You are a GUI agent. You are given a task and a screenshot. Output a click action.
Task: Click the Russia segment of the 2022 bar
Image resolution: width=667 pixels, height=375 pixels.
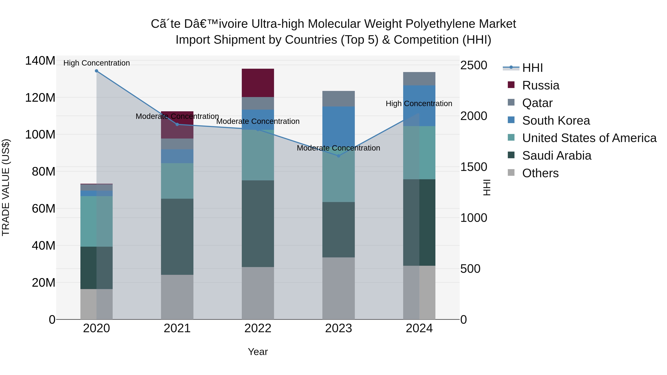[258, 83]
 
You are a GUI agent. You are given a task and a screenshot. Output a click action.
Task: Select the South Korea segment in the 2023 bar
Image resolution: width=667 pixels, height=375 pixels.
[339, 124]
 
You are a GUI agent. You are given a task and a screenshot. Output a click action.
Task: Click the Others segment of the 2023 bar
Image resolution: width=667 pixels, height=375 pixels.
[339, 288]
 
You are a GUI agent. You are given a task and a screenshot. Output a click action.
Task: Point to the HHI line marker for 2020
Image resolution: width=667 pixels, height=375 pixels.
[97, 71]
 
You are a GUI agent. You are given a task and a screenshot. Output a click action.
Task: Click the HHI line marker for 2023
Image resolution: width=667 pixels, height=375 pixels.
[339, 156]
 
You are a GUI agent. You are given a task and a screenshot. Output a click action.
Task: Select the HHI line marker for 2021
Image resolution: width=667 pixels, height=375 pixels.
[177, 124]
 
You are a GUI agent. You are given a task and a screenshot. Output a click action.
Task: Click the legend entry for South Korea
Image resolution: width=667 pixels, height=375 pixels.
[556, 121]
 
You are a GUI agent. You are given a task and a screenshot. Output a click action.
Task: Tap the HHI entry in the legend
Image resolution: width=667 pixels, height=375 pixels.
[532, 68]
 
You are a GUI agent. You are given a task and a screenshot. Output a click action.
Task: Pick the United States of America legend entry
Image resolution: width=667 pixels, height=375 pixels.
[589, 138]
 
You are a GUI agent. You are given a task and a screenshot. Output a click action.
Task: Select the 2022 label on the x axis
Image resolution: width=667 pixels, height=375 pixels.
[258, 328]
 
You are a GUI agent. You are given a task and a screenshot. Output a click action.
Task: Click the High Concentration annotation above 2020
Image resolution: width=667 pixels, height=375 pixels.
[97, 63]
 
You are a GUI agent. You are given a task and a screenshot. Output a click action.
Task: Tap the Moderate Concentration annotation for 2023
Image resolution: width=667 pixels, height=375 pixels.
[339, 148]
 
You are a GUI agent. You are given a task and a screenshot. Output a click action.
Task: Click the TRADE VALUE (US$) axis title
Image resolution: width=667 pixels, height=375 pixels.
[6, 187]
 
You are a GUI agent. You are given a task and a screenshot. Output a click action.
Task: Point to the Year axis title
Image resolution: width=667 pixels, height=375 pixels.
[258, 352]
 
